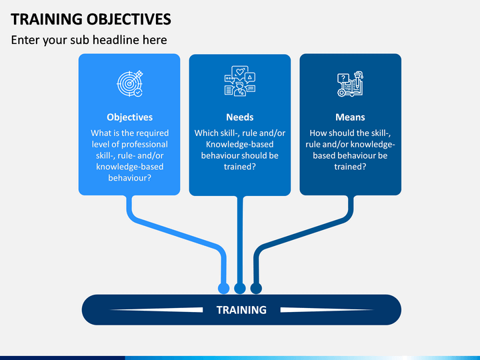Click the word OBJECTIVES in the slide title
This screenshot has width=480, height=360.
pos(129,19)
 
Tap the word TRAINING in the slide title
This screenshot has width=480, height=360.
pos(47,19)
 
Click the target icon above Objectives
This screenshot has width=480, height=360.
pos(130,83)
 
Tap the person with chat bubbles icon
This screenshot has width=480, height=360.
pos(240,81)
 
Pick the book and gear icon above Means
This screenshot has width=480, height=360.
pos(350,84)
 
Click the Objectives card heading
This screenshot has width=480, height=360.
pos(130,117)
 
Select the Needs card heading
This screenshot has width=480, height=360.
pos(240,117)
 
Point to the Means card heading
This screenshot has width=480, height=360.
pos(350,117)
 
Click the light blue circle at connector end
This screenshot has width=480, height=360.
pos(223,288)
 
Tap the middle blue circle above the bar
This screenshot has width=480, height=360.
pos(240,288)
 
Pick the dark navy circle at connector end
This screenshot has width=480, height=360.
pos(256,288)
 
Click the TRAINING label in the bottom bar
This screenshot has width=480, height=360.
pos(241,310)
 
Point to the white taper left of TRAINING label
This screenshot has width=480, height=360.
pos(156,310)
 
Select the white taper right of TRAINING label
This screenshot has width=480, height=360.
pos(327,310)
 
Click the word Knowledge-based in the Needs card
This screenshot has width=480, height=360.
pos(240,144)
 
